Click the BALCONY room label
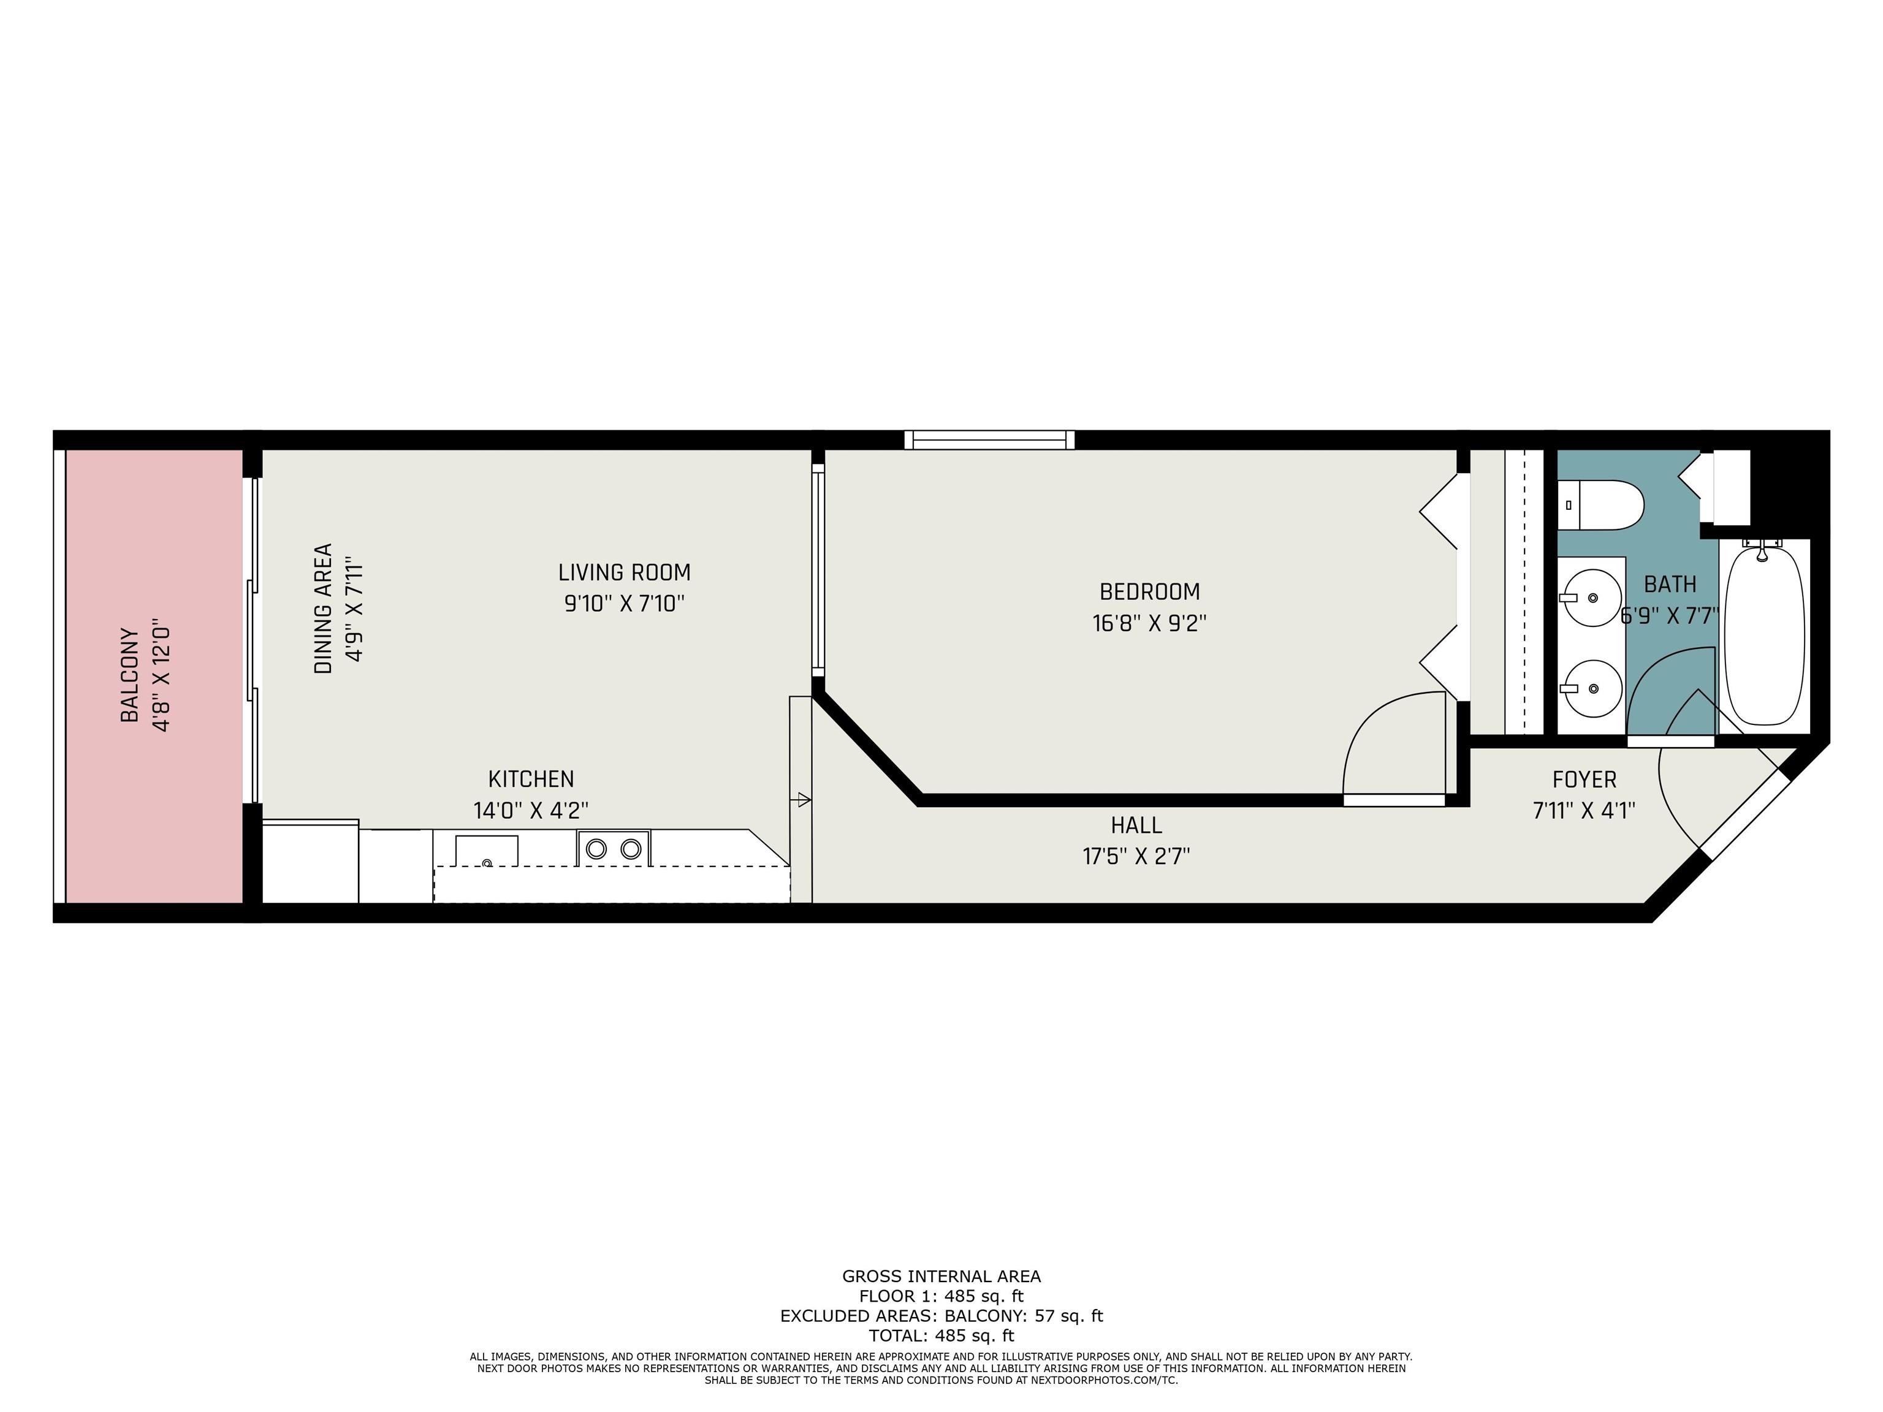click(x=129, y=675)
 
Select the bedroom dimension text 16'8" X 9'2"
click(x=1149, y=623)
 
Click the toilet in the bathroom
click(x=1600, y=505)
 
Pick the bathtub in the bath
click(x=1765, y=634)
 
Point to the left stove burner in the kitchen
click(x=597, y=849)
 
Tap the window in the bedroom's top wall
click(x=989, y=440)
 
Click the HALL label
click(x=1136, y=825)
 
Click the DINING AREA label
click(x=324, y=609)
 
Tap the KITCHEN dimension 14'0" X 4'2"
click(x=530, y=810)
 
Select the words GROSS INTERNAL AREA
click(x=941, y=1276)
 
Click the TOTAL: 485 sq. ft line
click(x=941, y=1335)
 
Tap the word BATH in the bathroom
click(x=1669, y=585)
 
